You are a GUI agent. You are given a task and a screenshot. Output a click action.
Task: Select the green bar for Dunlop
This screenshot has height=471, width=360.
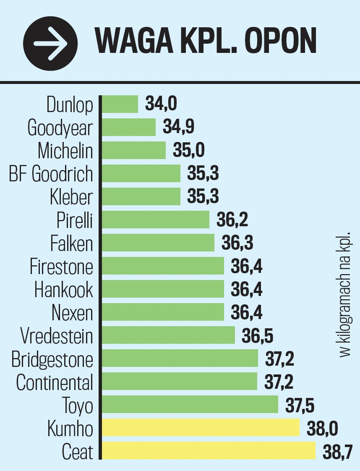pyautogui.click(x=120, y=104)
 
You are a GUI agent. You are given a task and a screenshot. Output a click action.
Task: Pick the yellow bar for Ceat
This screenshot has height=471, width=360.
pyautogui.click(x=209, y=450)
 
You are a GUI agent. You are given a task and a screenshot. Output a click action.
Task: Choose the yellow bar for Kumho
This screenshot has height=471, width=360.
pyautogui.click(x=201, y=427)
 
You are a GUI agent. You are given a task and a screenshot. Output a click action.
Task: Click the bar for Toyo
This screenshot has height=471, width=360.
pyautogui.click(x=190, y=404)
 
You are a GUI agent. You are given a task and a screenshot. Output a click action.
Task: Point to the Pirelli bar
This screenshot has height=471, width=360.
pyautogui.click(x=156, y=220)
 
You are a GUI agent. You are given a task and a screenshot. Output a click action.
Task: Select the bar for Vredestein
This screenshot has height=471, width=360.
pyautogui.click(x=168, y=335)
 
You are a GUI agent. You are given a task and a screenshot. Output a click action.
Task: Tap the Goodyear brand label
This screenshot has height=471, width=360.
pyautogui.click(x=60, y=128)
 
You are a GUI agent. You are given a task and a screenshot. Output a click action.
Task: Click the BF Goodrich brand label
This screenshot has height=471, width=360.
pyautogui.click(x=51, y=173)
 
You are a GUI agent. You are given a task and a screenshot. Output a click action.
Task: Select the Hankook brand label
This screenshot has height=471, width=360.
pyautogui.click(x=64, y=290)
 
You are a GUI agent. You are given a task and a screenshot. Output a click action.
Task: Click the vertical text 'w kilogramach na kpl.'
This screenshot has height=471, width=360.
pyautogui.click(x=345, y=293)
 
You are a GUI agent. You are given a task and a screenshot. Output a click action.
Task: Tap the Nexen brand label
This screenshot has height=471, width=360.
pyautogui.click(x=72, y=313)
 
